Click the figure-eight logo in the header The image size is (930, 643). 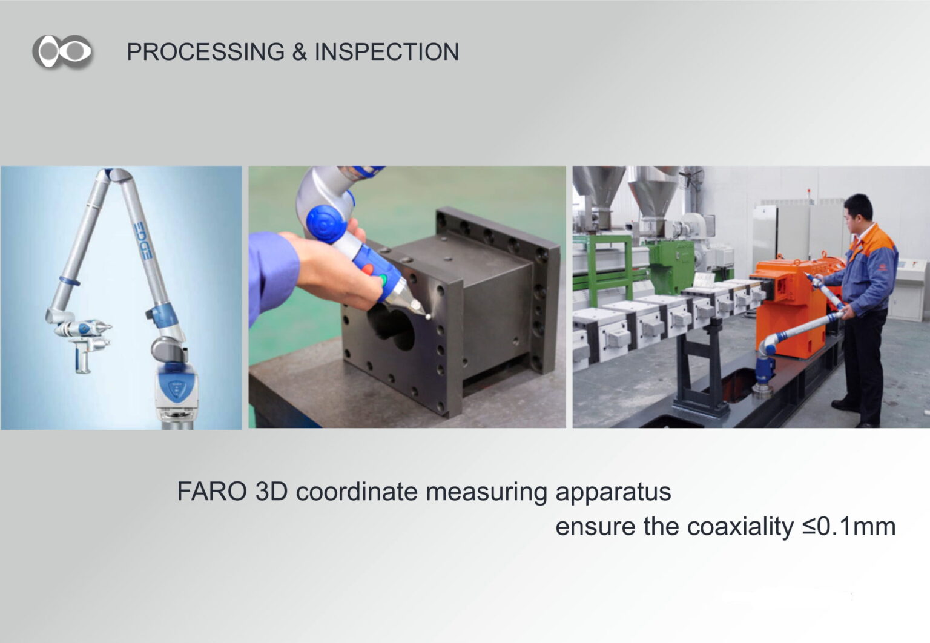62,51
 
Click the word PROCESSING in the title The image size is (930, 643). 205,52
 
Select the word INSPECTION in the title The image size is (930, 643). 386,52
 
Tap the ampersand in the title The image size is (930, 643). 299,52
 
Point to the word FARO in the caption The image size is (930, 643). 212,492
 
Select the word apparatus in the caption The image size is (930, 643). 613,493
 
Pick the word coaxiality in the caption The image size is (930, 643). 740,527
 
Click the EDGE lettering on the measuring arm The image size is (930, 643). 142,241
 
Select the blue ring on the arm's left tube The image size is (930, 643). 70,281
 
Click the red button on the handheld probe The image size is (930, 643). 368,269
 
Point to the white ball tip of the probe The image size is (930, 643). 428,317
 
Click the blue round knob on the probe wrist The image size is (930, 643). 326,224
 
